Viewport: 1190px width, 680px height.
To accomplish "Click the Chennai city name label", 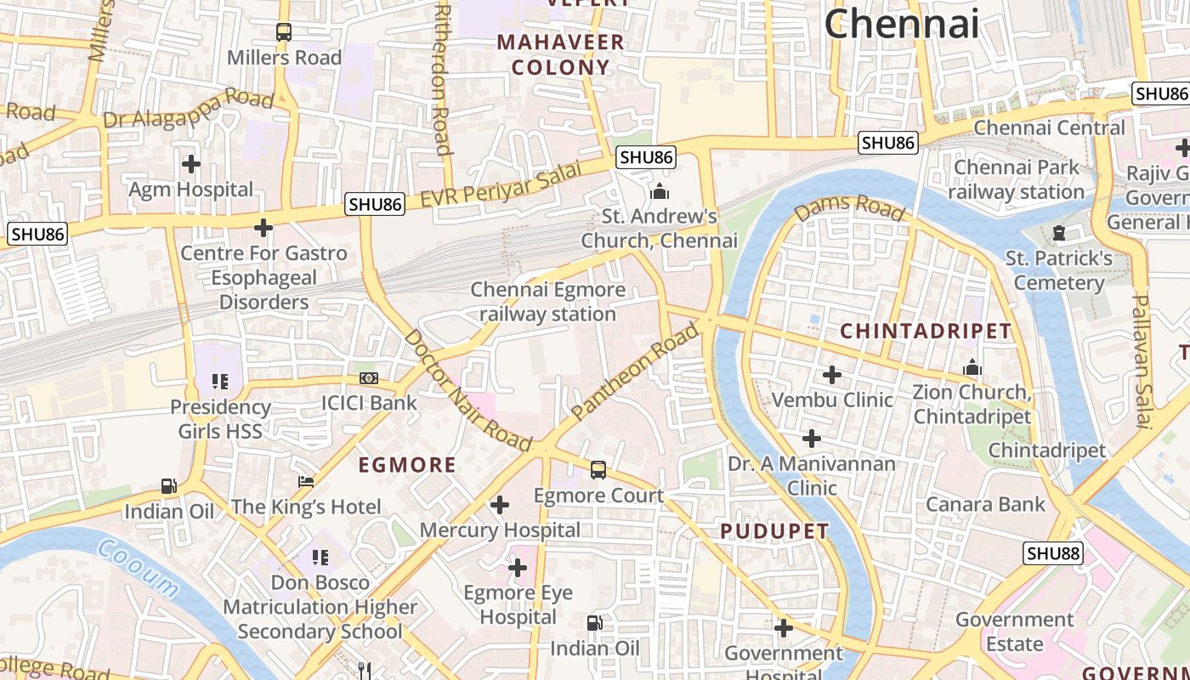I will [901, 23].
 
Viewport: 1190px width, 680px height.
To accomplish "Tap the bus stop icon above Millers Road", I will [284, 32].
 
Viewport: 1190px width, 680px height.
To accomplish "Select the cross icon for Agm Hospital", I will [191, 163].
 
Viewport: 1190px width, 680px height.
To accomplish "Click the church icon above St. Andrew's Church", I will [659, 191].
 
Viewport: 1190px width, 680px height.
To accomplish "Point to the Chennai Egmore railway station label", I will [548, 302].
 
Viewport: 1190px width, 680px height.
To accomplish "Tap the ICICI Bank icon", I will [369, 377].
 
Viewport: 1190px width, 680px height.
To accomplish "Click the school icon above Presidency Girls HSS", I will [220, 382].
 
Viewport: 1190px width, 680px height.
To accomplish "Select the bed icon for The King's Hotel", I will [306, 482].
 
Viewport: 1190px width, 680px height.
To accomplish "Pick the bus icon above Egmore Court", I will [598, 470].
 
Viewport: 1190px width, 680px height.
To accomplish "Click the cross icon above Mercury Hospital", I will [500, 506].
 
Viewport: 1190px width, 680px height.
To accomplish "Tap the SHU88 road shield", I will [1052, 553].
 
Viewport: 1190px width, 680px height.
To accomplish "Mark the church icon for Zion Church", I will [972, 368].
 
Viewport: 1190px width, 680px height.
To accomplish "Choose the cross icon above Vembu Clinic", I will [832, 375].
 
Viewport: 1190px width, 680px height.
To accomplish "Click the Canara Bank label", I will [985, 504].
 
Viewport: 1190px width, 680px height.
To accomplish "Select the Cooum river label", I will [138, 567].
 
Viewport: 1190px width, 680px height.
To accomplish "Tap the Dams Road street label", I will [849, 207].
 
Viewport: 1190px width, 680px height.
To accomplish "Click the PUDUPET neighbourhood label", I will [774, 532].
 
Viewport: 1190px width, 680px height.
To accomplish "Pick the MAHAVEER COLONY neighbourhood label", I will [561, 54].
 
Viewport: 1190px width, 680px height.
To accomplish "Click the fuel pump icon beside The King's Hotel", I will [169, 486].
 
